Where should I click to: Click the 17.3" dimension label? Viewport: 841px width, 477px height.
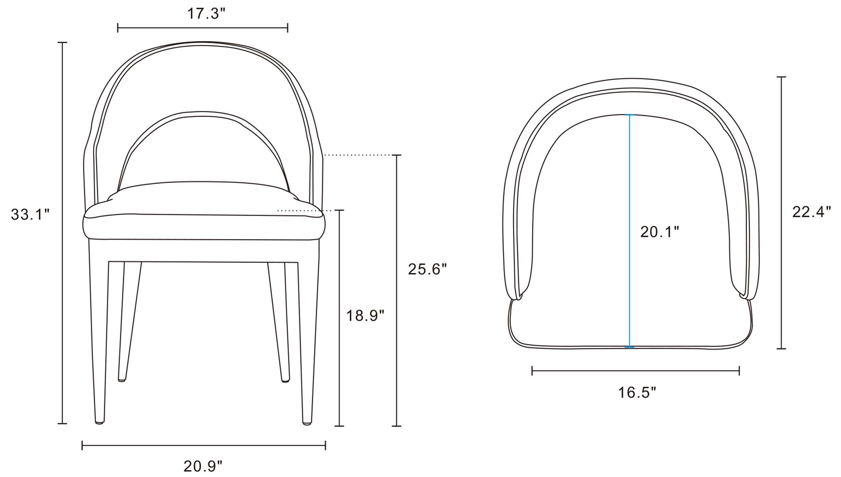coord(206,14)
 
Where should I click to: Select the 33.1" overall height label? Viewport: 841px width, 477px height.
coord(30,214)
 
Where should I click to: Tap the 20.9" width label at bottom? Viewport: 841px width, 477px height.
coord(203,466)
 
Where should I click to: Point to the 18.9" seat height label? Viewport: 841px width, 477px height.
coord(365,315)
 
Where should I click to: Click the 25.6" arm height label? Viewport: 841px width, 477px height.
coord(427,269)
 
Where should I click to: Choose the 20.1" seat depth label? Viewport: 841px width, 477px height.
coord(659,232)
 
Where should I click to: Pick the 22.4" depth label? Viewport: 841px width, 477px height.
coord(811,212)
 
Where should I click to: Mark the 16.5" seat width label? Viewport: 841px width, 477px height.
coord(637,393)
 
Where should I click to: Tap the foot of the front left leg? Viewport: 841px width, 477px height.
coord(99,421)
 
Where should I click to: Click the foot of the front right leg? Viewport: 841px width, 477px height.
coord(307,422)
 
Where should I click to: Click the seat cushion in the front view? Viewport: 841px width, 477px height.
coord(204,227)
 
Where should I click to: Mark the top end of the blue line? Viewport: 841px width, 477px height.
coord(629,115)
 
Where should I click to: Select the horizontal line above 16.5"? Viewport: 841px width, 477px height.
coord(635,371)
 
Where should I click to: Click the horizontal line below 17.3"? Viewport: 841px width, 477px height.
coord(202,28)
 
